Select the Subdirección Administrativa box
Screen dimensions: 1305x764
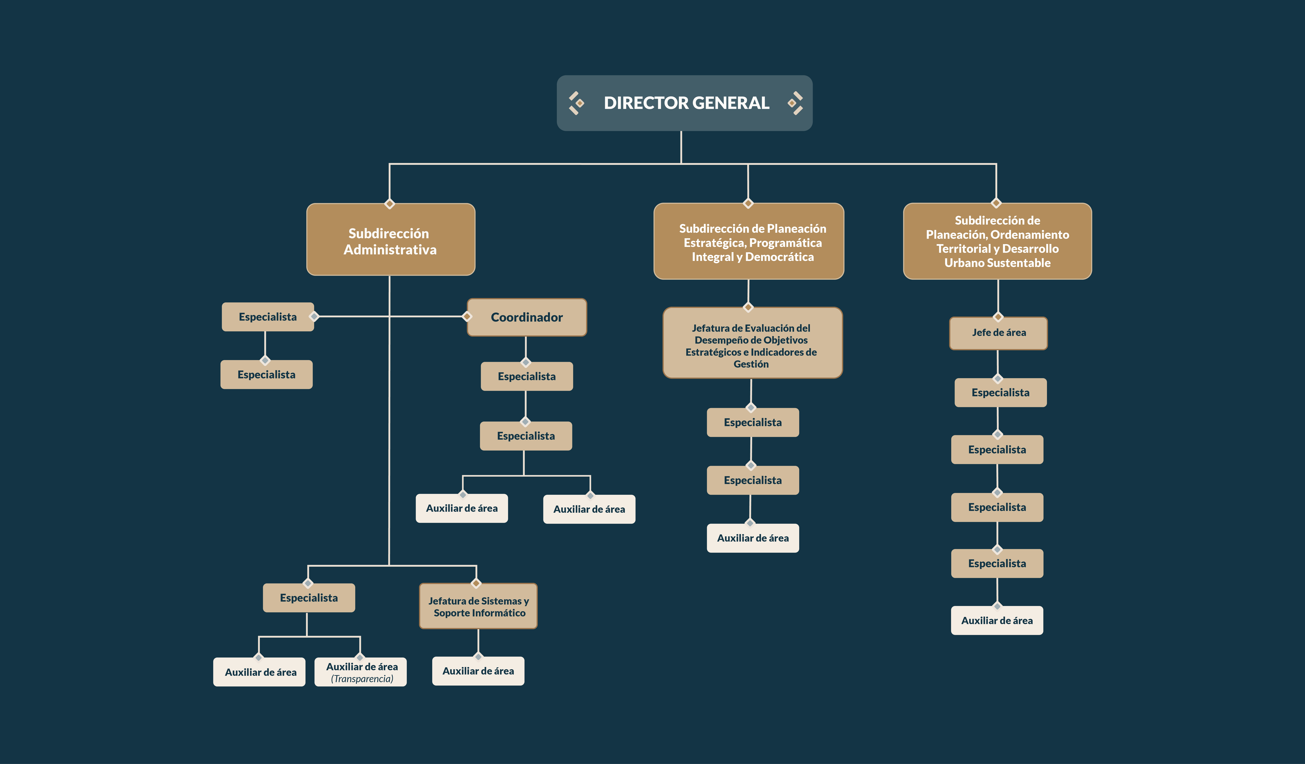tap(390, 239)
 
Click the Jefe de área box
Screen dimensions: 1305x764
tap(998, 333)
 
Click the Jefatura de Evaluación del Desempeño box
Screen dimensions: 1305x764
tap(752, 343)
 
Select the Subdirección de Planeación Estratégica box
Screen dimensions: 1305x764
tap(749, 241)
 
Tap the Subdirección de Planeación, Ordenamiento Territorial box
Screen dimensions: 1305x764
tap(997, 241)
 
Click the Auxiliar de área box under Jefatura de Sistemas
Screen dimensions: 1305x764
tap(478, 671)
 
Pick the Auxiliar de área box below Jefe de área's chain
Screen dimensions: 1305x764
tap(997, 620)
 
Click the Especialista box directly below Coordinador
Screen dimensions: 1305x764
tap(527, 376)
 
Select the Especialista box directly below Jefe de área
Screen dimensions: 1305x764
tap(1000, 392)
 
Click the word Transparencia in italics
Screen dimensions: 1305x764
tap(362, 679)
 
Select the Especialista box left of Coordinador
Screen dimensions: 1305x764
tap(268, 317)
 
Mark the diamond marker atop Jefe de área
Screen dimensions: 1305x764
tap(998, 317)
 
